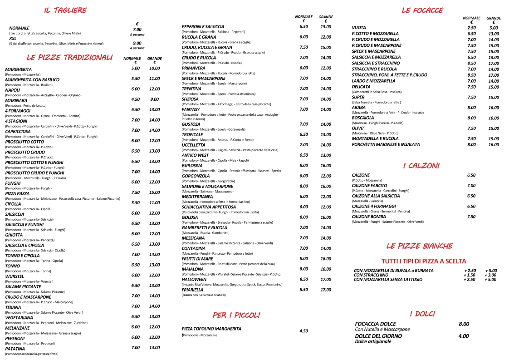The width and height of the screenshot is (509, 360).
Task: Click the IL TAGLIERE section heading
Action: point(65,10)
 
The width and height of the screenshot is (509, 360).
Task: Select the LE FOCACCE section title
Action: point(422,10)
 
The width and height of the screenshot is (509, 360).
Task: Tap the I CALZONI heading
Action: point(421,166)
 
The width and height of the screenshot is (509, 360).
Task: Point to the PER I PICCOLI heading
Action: point(236,315)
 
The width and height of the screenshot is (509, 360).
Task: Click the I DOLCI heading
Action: point(422,314)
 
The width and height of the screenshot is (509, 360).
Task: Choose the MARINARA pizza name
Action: point(16,100)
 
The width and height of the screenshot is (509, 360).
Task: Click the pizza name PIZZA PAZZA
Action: point(18,193)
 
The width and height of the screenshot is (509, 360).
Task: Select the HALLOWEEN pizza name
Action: point(194,280)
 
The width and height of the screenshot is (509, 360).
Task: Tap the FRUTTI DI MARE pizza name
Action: point(197,259)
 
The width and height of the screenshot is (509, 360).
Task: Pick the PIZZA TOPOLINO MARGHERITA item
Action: point(211,329)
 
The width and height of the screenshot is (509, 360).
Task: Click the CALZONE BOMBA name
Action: point(369,217)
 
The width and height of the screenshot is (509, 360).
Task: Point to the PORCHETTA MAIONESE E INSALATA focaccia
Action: point(386,144)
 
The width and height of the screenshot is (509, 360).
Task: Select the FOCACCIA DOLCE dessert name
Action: point(376,324)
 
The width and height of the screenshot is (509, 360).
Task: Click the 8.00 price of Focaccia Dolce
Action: point(464,324)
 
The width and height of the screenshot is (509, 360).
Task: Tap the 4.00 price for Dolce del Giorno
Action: point(464,336)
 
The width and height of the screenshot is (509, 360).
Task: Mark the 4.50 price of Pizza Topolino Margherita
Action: point(303,331)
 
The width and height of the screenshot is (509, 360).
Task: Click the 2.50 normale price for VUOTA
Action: point(471,28)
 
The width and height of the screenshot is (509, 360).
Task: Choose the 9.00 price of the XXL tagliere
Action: point(137,44)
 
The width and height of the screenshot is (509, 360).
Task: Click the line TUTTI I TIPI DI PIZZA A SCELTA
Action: point(424,261)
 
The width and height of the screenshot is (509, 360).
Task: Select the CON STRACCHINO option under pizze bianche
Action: point(371,275)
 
